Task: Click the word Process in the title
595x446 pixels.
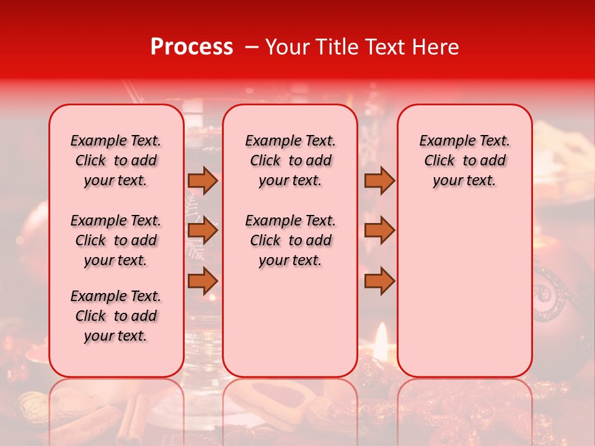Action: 191,47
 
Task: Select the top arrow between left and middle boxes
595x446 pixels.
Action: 202,180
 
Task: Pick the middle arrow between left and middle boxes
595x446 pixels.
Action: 202,231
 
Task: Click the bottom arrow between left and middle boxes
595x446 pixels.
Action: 202,281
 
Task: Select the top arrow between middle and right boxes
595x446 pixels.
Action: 379,180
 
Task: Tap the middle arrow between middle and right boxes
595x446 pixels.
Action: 379,231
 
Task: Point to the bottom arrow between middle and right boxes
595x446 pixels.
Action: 379,281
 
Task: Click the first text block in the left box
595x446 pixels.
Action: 116,160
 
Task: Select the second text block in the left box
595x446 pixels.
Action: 116,240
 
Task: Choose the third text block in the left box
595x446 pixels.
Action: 116,316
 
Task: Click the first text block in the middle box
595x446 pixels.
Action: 290,160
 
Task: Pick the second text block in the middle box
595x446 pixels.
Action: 290,240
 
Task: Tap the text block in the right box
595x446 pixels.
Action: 464,160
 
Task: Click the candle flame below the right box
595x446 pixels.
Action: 381,338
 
